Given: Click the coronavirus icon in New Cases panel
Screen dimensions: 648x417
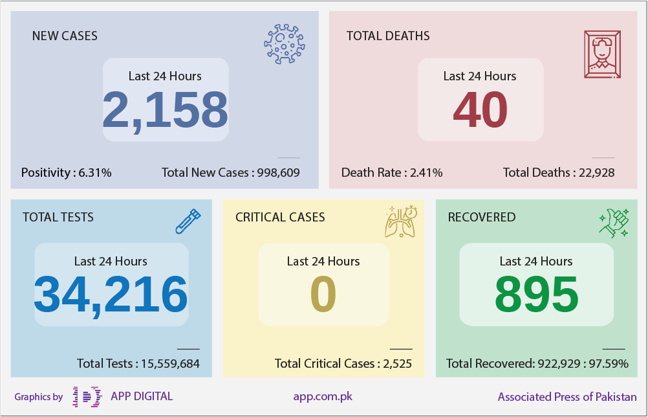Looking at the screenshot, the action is pyautogui.click(x=285, y=44).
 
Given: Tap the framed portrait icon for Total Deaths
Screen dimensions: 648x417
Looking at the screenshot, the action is pyautogui.click(x=602, y=54).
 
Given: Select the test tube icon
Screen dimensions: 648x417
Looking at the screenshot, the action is pyautogui.click(x=188, y=221).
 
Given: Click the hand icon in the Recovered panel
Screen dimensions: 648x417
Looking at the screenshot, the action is pyautogui.click(x=614, y=223).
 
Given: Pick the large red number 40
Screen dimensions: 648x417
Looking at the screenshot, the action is pyautogui.click(x=481, y=110).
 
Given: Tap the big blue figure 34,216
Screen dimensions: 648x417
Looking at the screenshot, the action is pyautogui.click(x=111, y=295).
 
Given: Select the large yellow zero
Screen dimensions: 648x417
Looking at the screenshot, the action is pyautogui.click(x=323, y=295).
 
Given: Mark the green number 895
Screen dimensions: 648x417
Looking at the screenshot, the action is pyautogui.click(x=536, y=295).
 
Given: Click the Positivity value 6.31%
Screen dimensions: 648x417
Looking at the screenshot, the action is pyautogui.click(x=95, y=172).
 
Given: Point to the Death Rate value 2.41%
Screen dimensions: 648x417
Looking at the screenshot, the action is pyautogui.click(x=426, y=172).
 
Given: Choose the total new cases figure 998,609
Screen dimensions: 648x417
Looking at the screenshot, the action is pyautogui.click(x=279, y=173).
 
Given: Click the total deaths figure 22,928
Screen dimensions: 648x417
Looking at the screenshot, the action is pyautogui.click(x=597, y=173).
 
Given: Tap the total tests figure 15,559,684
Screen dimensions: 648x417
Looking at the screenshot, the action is pyautogui.click(x=170, y=364).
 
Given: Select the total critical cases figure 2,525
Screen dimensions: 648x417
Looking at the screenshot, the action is pyautogui.click(x=398, y=364).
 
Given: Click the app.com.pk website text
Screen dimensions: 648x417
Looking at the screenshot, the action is pyautogui.click(x=323, y=397).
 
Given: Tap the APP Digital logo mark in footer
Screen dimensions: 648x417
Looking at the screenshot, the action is pyautogui.click(x=87, y=397).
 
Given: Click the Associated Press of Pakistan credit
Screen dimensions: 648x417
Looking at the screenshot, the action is pyautogui.click(x=567, y=397).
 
